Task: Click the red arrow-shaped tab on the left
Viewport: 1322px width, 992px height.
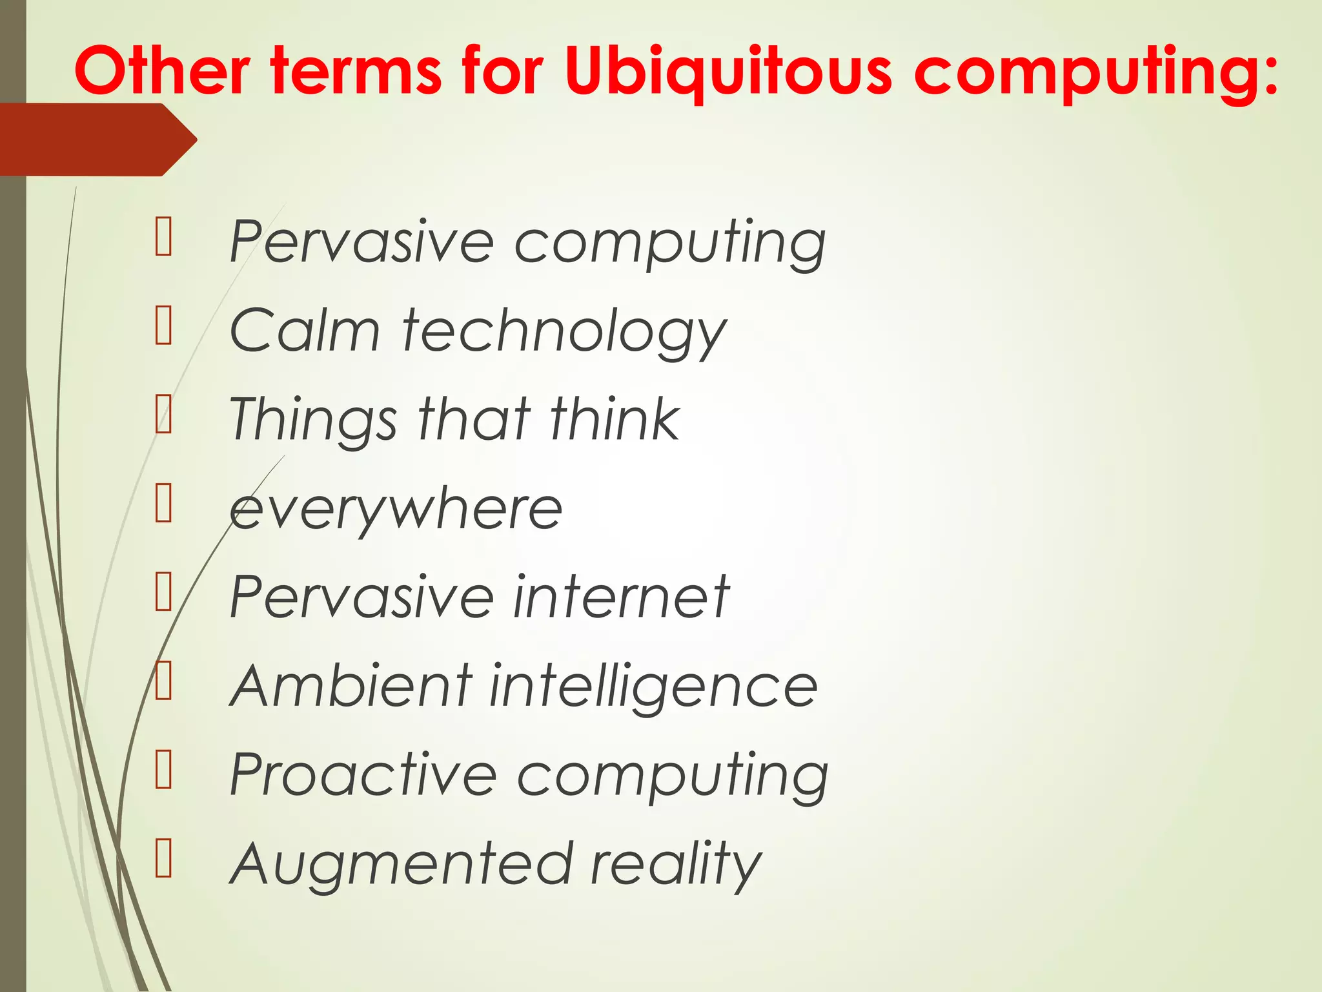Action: (97, 139)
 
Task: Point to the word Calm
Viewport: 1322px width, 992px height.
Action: (305, 331)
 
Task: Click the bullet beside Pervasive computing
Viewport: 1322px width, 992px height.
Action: (163, 237)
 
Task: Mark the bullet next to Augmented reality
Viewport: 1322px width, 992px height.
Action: (163, 858)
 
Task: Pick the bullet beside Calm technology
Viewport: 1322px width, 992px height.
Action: (163, 326)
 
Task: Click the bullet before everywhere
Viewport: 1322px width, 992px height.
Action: (163, 504)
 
